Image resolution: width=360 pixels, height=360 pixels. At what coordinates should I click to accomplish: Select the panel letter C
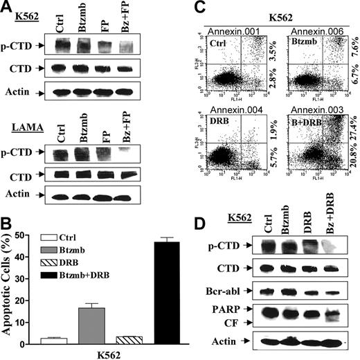tap(196, 7)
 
